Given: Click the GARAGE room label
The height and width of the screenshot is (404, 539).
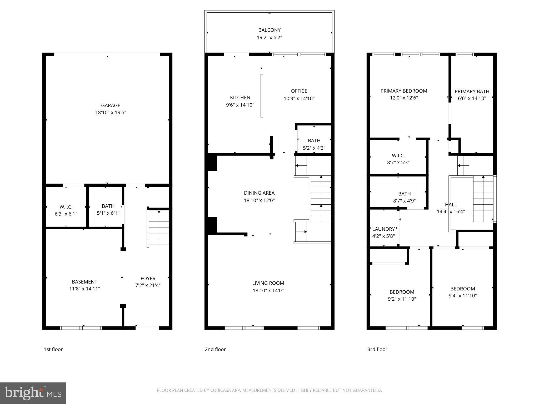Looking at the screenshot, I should click(111, 105).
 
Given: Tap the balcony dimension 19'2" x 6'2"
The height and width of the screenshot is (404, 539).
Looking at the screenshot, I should click(269, 38).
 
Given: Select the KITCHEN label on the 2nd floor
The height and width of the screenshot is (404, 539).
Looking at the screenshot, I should click(240, 98).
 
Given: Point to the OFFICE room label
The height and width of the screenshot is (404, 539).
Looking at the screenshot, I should click(299, 91).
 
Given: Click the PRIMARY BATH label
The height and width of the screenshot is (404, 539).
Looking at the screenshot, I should click(472, 92).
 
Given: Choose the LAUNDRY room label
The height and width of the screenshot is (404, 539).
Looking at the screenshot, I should click(383, 229).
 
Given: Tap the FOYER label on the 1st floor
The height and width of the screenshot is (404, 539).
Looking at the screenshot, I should click(148, 279).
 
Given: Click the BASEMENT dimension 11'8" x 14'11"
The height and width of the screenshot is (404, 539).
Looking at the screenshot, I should click(84, 289).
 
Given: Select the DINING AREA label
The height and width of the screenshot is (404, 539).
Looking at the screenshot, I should click(259, 193).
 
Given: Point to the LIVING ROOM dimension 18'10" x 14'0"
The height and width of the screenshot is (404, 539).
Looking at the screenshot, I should click(268, 291).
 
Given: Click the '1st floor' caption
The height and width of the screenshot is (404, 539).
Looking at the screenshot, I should click(53, 349).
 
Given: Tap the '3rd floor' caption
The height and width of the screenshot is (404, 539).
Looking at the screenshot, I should click(377, 349).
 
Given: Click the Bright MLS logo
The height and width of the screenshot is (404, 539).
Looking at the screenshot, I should click(33, 393).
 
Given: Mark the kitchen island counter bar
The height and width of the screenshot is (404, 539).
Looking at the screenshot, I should click(262, 96).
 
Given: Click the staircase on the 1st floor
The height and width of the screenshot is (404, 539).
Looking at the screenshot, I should click(159, 227).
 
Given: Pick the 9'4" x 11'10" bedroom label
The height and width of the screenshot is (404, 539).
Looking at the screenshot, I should click(462, 292).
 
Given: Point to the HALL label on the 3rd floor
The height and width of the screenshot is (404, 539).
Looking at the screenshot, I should click(451, 205).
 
